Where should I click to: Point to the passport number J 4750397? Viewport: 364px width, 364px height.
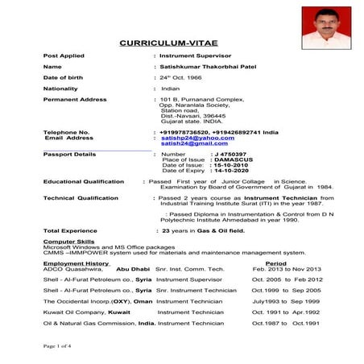pos(229,153)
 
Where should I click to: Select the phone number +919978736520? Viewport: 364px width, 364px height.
pos(185,131)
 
